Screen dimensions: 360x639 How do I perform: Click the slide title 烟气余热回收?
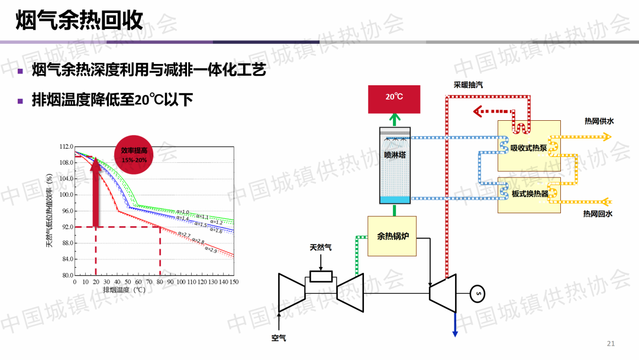point(79,21)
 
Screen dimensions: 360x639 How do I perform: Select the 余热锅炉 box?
point(392,236)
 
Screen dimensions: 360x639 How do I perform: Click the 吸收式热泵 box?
point(529,146)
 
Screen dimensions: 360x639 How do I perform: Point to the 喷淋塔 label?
point(394,156)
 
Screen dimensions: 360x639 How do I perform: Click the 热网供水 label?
point(599,121)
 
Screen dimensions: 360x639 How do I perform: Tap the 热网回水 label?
point(598,214)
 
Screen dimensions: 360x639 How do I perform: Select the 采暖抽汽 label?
point(468,85)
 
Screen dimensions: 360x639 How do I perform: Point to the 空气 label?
point(279,338)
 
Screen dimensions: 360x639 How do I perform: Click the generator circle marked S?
point(478,292)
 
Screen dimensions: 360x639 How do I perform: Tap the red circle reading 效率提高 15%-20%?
point(134,156)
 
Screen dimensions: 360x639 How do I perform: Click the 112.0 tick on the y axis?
point(66,147)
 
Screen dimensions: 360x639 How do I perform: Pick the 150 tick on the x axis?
point(234,282)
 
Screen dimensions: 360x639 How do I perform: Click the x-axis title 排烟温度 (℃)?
point(124,291)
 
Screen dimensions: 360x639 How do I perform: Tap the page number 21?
point(611,344)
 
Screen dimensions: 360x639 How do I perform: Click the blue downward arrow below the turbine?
point(455,326)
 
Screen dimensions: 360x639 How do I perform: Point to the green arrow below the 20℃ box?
point(394,120)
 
